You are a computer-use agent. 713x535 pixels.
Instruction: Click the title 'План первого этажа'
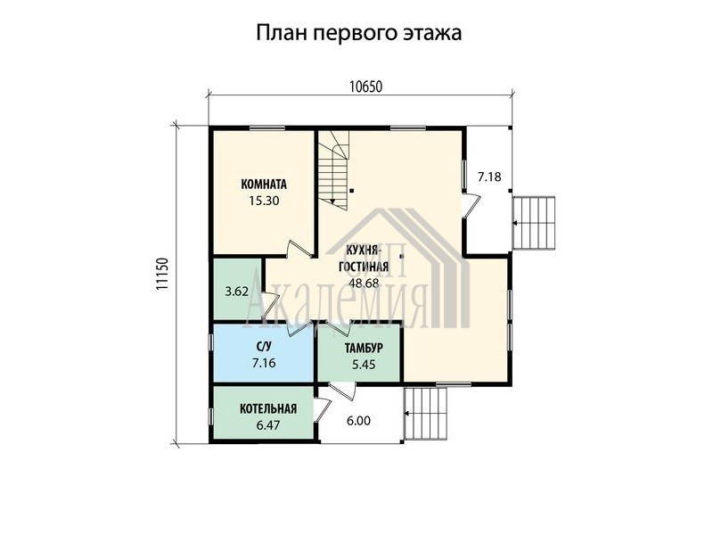click(x=359, y=33)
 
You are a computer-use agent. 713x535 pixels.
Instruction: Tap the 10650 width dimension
click(x=366, y=86)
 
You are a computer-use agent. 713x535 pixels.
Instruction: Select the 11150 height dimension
click(x=162, y=274)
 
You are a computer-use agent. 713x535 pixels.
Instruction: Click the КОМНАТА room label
click(x=264, y=185)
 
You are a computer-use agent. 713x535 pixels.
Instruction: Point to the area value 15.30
click(x=264, y=200)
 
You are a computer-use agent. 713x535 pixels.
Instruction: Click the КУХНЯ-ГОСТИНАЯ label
click(x=364, y=258)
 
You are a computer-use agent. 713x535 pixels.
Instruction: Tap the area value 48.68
click(x=364, y=283)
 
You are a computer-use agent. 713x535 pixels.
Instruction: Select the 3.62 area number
click(x=237, y=292)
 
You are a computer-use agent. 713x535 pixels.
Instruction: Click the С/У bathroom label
click(x=264, y=347)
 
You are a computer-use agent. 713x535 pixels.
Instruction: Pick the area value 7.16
click(x=264, y=363)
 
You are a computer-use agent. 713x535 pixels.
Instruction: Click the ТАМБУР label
click(x=364, y=348)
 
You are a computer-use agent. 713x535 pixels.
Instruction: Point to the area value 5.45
click(x=364, y=364)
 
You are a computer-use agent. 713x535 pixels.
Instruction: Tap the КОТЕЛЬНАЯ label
click(x=268, y=408)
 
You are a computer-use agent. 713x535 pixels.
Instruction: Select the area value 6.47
click(x=268, y=425)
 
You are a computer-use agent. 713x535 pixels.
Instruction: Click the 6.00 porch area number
click(x=358, y=421)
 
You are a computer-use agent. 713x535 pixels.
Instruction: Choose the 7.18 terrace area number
click(x=489, y=177)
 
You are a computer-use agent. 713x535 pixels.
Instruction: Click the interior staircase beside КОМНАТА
click(x=333, y=169)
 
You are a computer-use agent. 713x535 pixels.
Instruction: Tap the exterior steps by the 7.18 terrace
click(x=534, y=223)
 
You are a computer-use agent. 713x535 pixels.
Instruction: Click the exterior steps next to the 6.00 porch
click(x=426, y=414)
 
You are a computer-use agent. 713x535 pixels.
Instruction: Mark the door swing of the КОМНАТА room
click(x=299, y=250)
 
